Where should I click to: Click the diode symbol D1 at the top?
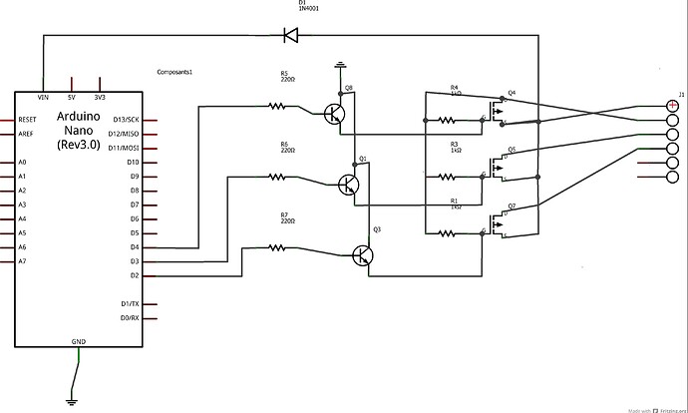tap(290, 36)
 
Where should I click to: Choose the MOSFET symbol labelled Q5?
tap(497, 171)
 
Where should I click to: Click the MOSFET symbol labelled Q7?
tap(497, 227)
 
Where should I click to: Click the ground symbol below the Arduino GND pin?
tap(71, 401)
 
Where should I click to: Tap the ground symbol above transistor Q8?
tap(340, 67)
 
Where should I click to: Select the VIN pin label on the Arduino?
tap(42, 97)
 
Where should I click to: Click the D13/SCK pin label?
tap(126, 120)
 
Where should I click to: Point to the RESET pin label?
tap(29, 120)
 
